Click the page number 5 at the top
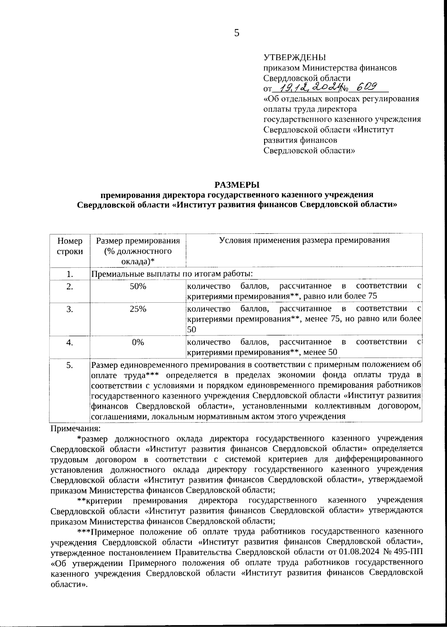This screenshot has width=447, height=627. coord(237,33)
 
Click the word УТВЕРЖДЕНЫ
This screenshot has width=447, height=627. coord(295,57)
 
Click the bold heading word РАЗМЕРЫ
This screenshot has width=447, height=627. coord(236,185)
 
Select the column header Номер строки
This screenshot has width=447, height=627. coord(70,246)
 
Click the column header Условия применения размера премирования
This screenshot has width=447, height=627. coord(304,240)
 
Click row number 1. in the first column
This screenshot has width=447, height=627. coord(70,274)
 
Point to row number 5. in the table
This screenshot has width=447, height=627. coord(70,365)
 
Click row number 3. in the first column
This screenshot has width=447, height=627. coord(70,309)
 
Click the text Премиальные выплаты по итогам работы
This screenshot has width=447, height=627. coord(172,274)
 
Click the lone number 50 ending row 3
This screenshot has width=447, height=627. coord(191,329)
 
